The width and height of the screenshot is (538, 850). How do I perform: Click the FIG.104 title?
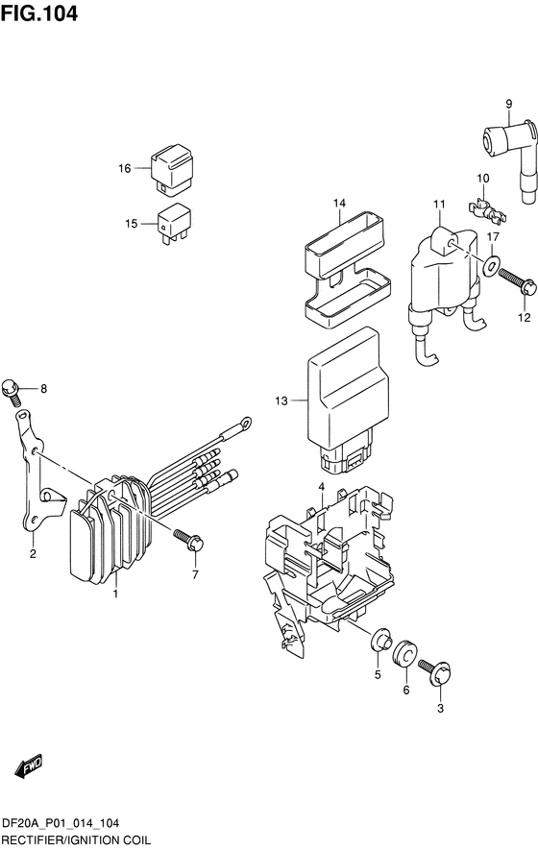[x=39, y=14]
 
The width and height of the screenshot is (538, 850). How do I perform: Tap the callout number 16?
[x=124, y=169]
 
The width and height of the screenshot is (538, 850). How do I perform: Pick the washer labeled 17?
[x=491, y=266]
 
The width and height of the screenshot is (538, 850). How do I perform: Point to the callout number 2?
[x=32, y=553]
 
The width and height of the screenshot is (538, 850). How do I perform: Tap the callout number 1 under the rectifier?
[x=115, y=595]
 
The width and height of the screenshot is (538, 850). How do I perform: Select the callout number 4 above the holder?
[x=322, y=487]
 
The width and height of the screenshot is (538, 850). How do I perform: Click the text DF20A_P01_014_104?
[x=66, y=825]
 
